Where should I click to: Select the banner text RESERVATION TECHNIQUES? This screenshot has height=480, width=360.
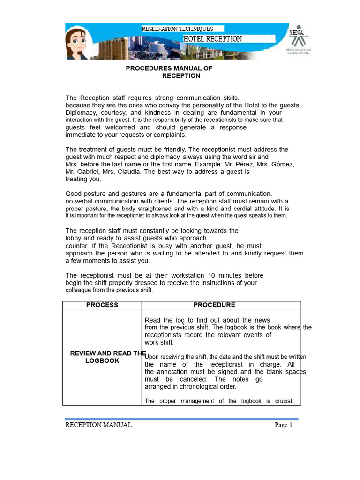177,29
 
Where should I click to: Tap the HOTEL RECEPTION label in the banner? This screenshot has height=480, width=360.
212,39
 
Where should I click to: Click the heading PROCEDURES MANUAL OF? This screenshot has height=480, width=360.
169,68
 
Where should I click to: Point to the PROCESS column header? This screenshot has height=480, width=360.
102,305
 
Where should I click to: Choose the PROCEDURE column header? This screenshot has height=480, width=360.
214,305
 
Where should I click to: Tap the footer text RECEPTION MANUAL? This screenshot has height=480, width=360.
98,425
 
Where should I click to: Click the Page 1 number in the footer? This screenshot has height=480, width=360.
283,425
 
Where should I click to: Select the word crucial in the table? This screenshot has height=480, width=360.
283,401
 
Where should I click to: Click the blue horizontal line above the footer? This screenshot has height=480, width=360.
181,419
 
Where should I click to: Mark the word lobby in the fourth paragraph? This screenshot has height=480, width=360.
73,238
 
